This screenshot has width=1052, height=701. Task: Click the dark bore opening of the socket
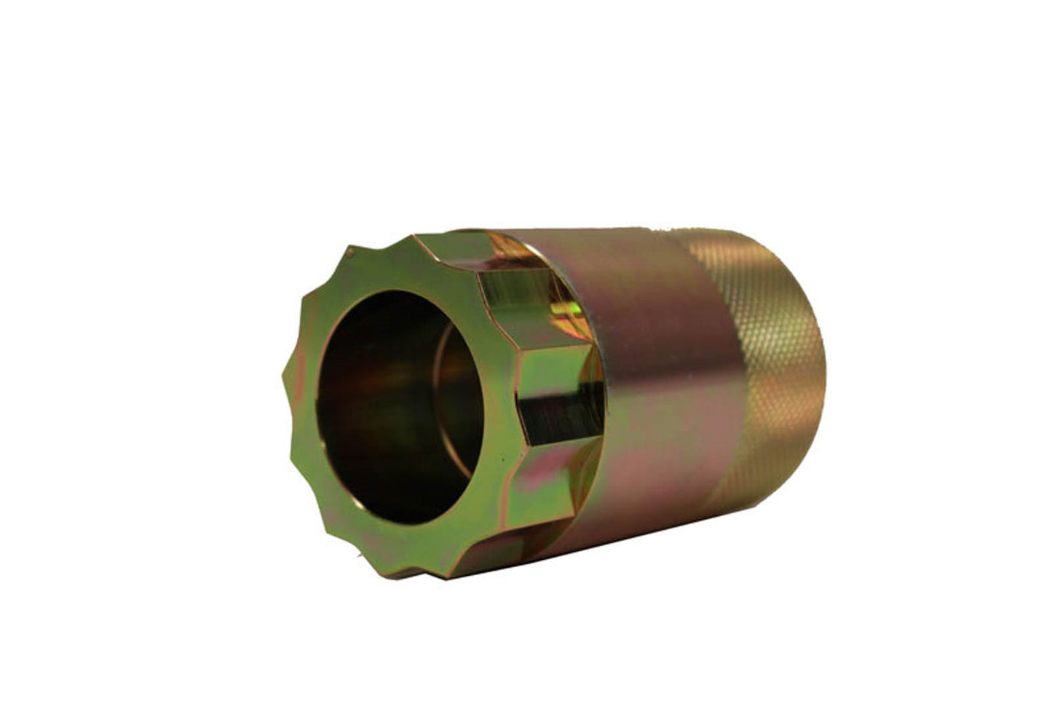tap(393, 408)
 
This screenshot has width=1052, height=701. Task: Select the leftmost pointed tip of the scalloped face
tap(282, 379)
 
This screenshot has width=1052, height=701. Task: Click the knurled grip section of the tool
tap(764, 364)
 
